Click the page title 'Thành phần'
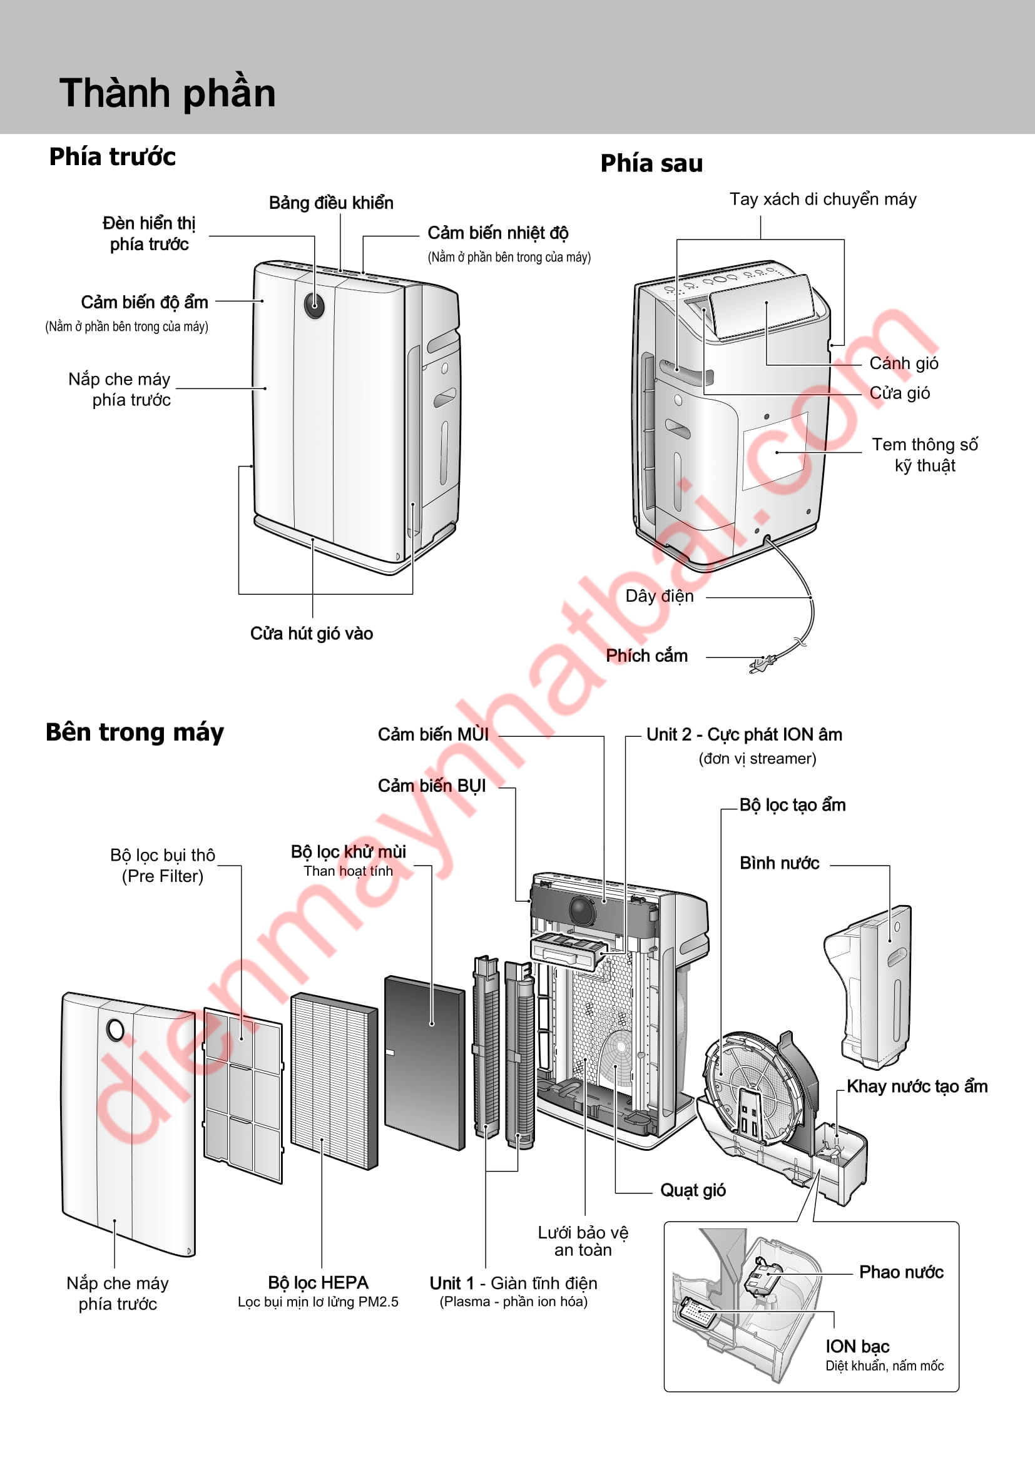click(168, 93)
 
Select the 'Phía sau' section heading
click(651, 164)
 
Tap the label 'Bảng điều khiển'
click(331, 203)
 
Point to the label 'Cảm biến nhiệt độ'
click(497, 233)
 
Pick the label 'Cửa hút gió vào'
click(311, 634)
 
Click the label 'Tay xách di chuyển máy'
click(823, 200)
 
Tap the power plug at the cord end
click(760, 665)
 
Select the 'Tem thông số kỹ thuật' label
click(924, 455)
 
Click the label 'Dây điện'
click(659, 597)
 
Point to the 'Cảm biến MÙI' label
click(433, 735)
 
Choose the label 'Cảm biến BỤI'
click(432, 786)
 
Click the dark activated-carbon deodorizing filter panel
click(424, 1063)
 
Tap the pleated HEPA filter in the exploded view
click(334, 1081)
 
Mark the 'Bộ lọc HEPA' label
click(318, 1283)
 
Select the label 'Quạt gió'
click(693, 1190)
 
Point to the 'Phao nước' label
click(900, 1272)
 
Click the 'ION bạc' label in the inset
click(857, 1347)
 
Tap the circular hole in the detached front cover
click(115, 1030)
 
